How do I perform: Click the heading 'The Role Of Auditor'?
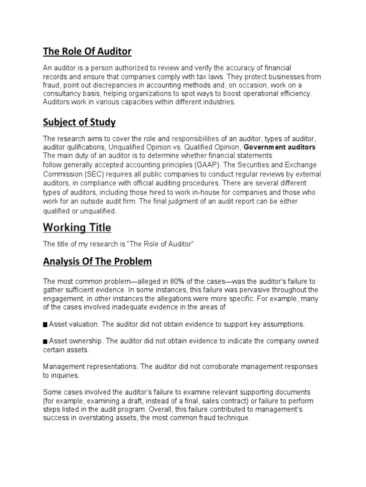pyautogui.click(x=87, y=51)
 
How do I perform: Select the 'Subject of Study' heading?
pyautogui.click(x=80, y=122)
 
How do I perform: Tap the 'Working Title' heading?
pyautogui.click(x=77, y=227)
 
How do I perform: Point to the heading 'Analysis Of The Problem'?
pyautogui.click(x=98, y=261)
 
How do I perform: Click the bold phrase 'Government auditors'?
pyautogui.click(x=280, y=147)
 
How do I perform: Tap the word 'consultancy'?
pyautogui.click(x=61, y=94)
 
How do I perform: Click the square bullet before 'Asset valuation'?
pyautogui.click(x=45, y=324)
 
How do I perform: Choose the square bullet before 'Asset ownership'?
pyautogui.click(x=45, y=341)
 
